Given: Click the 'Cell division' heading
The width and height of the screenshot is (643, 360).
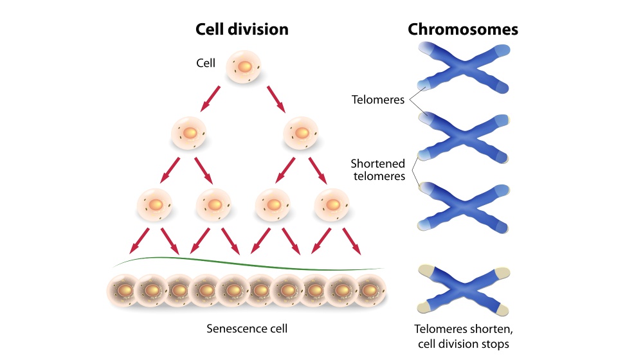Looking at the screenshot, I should coord(242,30).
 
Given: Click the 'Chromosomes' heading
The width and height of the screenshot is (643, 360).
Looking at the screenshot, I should coord(463,30).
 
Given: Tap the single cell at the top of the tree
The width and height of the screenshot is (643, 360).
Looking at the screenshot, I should coord(244,67).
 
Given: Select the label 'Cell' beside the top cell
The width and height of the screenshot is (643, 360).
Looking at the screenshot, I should coord(206,63).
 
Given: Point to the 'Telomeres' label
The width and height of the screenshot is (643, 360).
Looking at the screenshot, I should coord(378,100).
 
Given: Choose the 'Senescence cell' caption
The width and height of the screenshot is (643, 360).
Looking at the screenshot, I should coord(247,328).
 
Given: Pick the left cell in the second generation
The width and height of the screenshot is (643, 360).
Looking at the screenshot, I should coord(189,134).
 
